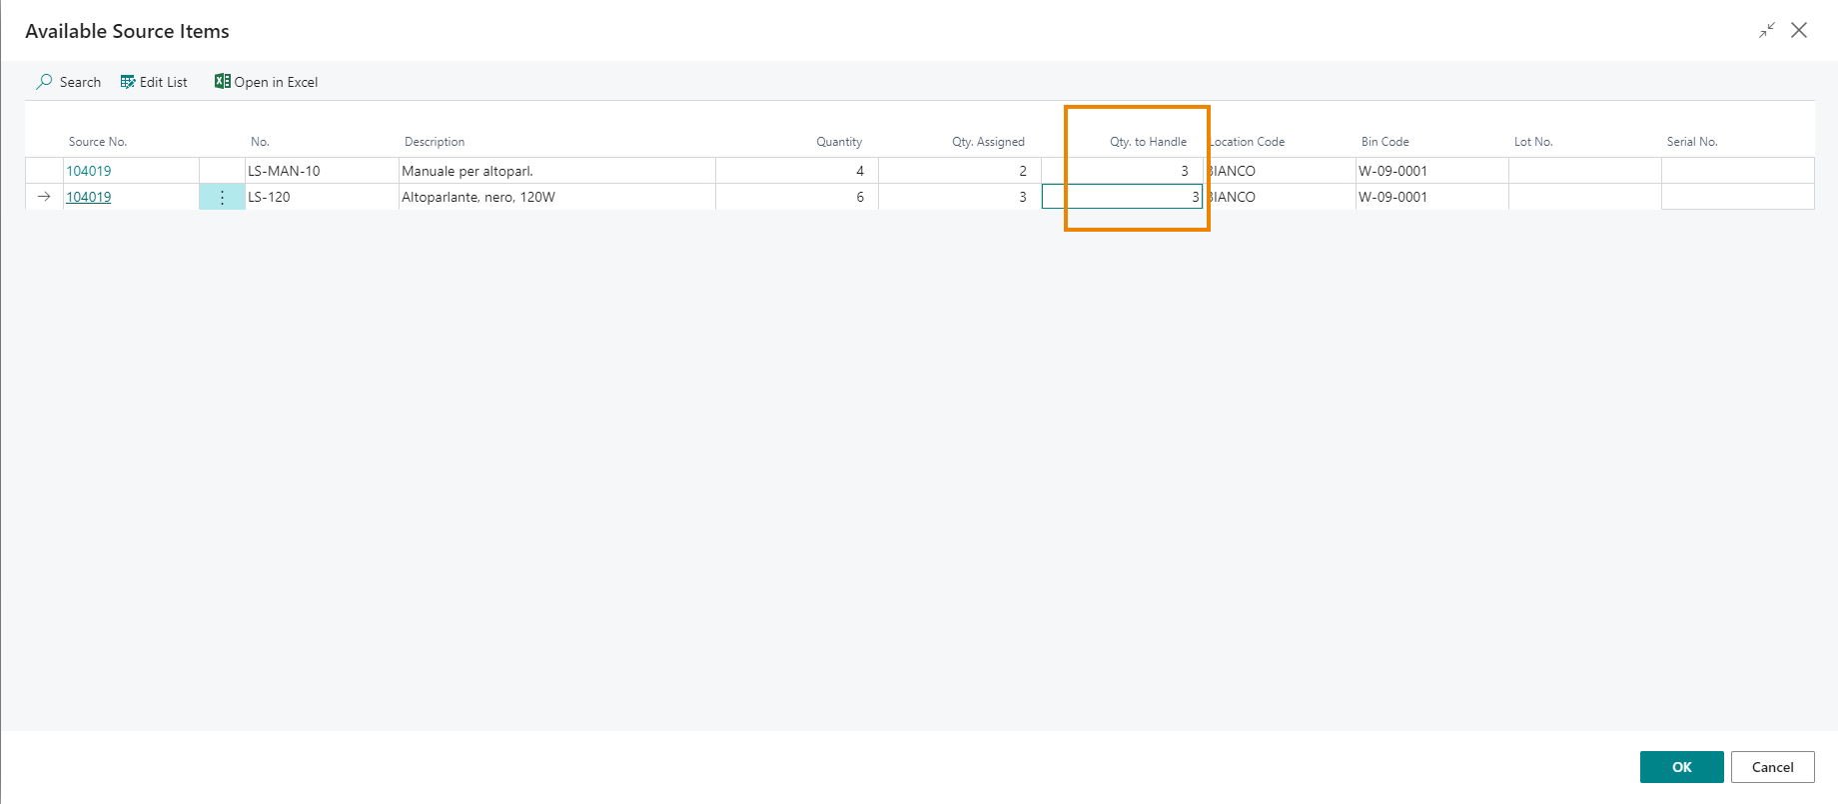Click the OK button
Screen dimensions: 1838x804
point(1681,767)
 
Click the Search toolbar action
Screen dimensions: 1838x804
point(69,82)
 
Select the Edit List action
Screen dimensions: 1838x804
point(154,82)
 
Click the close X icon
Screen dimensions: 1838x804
point(1799,30)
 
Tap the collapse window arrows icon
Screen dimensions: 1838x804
point(1767,30)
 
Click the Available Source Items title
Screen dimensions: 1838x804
point(127,31)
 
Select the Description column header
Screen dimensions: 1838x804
point(435,142)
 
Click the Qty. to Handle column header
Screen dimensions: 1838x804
point(1148,142)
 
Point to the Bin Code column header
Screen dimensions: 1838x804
point(1384,142)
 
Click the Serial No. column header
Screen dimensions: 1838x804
point(1691,142)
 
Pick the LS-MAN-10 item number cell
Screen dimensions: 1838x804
point(284,171)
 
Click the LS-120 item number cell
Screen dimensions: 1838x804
point(269,197)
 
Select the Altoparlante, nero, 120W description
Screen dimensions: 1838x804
point(477,197)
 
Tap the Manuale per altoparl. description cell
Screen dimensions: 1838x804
point(466,171)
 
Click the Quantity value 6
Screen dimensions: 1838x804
point(859,197)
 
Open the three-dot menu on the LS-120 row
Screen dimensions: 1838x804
point(222,197)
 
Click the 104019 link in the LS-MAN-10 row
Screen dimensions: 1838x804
point(88,171)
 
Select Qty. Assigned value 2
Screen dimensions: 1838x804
point(1022,171)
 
